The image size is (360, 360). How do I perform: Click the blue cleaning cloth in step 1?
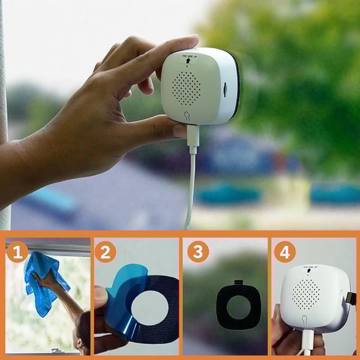tap(45, 282)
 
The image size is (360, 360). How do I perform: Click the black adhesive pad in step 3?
tap(238, 306)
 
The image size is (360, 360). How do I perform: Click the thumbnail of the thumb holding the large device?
tap(179, 130)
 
